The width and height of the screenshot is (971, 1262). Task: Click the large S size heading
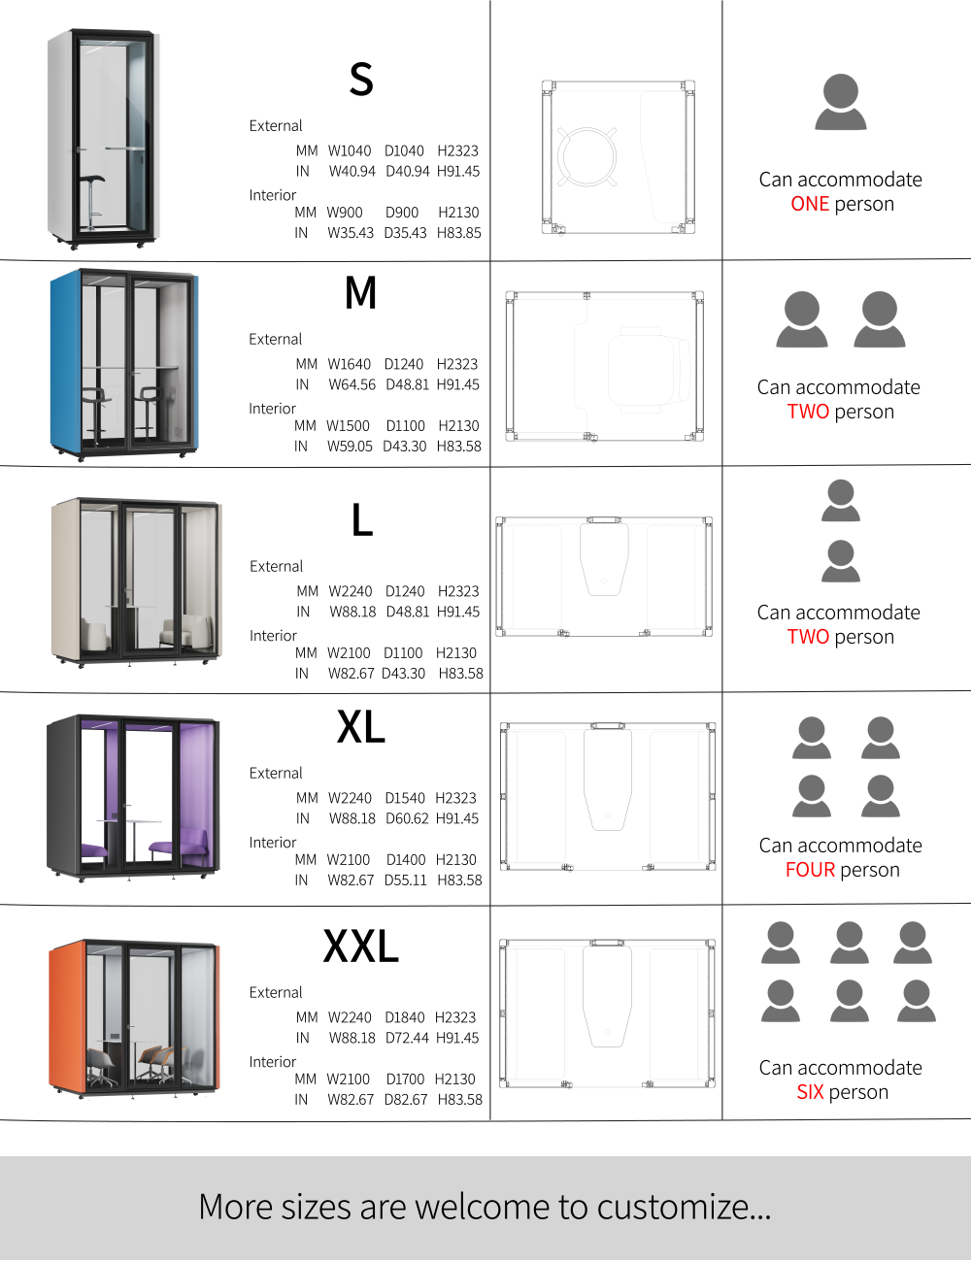point(360,79)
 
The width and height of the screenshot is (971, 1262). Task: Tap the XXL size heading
point(360,946)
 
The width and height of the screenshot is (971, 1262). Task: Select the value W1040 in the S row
point(350,151)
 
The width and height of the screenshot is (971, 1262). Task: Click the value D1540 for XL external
point(405,798)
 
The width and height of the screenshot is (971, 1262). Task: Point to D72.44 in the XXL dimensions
point(407,1038)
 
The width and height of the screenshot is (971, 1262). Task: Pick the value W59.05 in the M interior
point(350,446)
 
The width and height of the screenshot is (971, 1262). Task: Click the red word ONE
point(810,204)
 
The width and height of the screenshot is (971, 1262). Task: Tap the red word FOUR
point(810,870)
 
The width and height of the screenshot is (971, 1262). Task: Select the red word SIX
point(810,1092)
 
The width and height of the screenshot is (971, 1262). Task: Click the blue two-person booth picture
point(125,365)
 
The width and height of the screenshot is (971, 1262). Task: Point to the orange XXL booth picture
point(134,1018)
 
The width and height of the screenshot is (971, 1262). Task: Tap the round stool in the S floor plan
point(586,156)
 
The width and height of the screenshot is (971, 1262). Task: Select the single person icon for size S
point(840,102)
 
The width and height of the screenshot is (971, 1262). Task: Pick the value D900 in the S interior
point(402,213)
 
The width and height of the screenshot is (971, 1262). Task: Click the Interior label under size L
point(273,635)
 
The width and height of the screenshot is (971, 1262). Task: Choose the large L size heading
point(362,519)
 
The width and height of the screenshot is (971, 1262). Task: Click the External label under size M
point(275,339)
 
